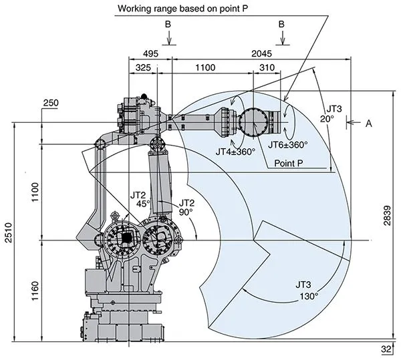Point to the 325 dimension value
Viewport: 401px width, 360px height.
click(142, 68)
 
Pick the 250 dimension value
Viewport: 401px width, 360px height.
click(50, 102)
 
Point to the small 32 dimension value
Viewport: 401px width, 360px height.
click(386, 349)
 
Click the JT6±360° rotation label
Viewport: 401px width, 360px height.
click(288, 144)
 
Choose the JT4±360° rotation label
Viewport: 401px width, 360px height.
click(236, 152)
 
